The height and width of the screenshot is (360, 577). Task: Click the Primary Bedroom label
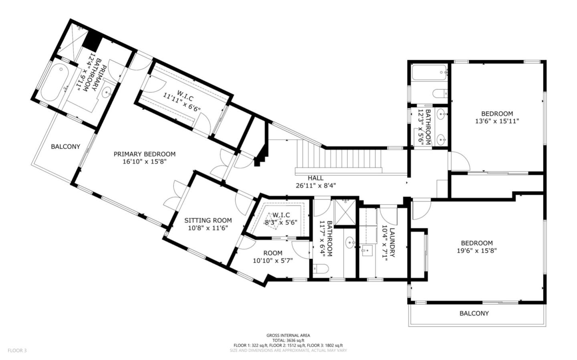(145, 154)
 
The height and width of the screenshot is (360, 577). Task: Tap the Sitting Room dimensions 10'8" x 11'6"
(208, 228)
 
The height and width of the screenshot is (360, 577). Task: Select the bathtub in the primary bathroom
(53, 82)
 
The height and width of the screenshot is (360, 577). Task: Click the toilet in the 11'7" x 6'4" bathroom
(321, 269)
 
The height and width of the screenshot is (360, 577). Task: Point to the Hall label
(316, 178)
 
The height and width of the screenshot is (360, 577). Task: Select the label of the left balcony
(65, 147)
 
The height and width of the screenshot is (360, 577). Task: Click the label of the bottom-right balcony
(474, 314)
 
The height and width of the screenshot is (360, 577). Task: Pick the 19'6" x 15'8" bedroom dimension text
(477, 251)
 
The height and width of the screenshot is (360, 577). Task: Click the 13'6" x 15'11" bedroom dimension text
(497, 121)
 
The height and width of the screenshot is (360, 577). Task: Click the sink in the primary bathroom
(107, 92)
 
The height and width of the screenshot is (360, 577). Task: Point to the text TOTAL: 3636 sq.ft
(288, 340)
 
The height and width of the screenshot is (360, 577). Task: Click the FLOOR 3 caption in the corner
(17, 350)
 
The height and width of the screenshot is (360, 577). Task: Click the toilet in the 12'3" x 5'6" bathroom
(440, 93)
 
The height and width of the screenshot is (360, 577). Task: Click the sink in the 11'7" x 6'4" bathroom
(349, 242)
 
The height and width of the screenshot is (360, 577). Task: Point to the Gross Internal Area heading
(288, 336)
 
